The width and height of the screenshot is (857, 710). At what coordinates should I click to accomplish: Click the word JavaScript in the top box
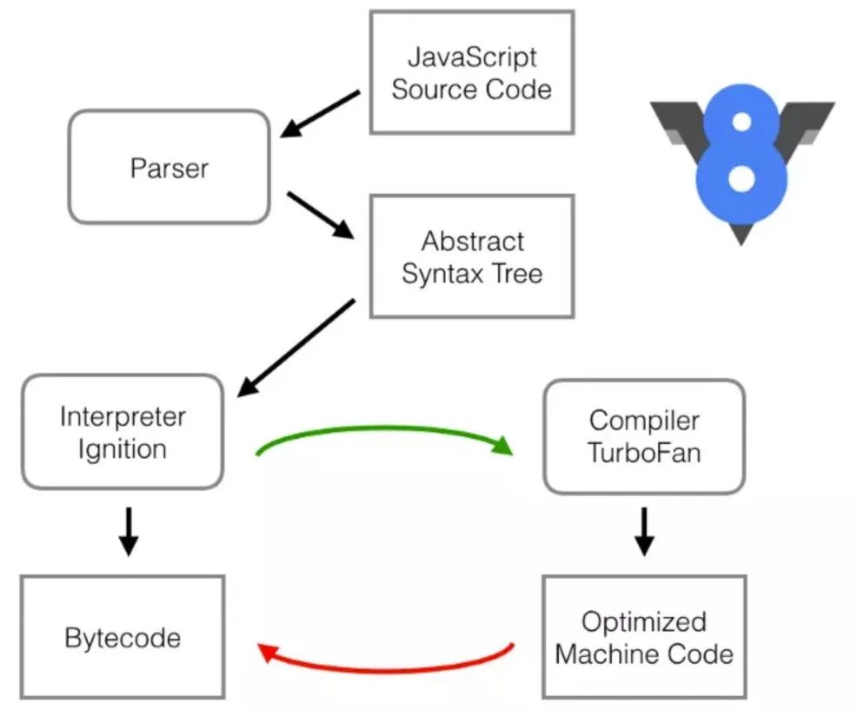(x=472, y=58)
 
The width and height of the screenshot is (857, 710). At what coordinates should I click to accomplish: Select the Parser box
(x=169, y=167)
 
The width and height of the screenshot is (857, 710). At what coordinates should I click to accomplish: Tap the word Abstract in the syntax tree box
(x=472, y=241)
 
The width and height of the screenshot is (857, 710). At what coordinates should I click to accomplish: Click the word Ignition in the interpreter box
(x=122, y=449)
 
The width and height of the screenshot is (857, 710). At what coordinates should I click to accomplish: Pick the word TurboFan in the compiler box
(x=644, y=453)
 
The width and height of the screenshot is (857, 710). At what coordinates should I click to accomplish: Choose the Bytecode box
(x=123, y=638)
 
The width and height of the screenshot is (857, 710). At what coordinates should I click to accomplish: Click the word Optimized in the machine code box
(x=644, y=621)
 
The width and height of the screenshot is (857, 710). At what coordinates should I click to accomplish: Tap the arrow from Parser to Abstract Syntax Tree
(x=321, y=215)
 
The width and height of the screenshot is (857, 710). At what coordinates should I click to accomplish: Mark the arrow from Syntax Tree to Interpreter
(x=296, y=347)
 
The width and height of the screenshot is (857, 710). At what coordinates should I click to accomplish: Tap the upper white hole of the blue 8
(x=741, y=123)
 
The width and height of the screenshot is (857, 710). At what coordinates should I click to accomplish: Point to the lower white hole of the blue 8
(x=741, y=180)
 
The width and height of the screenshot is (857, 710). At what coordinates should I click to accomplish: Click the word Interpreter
(x=123, y=417)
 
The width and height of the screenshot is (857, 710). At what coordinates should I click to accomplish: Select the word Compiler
(x=644, y=421)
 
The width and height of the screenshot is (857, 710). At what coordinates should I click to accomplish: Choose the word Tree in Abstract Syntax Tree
(x=516, y=274)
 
